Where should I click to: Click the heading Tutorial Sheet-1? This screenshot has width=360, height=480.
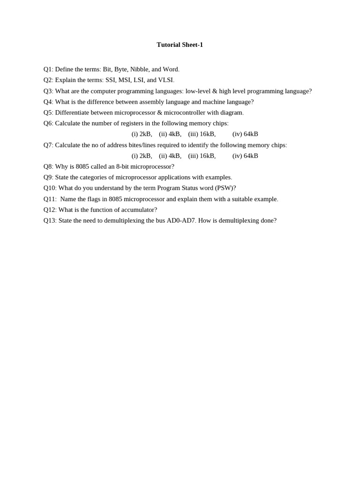pos(180,45)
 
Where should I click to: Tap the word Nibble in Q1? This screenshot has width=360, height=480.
pos(139,69)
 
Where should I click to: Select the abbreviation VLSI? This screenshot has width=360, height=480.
pos(166,80)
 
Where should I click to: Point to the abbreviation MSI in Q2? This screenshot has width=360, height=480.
pos(124,80)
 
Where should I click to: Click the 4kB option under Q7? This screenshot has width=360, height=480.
pos(175,156)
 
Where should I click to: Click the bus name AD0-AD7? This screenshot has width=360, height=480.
pos(180,220)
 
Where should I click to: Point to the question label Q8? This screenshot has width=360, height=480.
pos(48,166)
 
